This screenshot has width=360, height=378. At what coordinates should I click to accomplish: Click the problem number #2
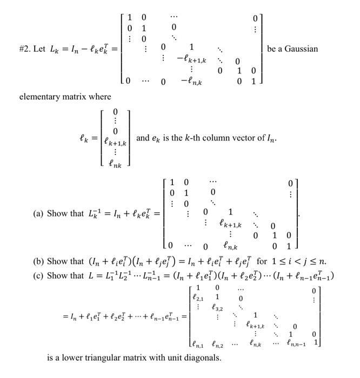coord(24,49)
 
